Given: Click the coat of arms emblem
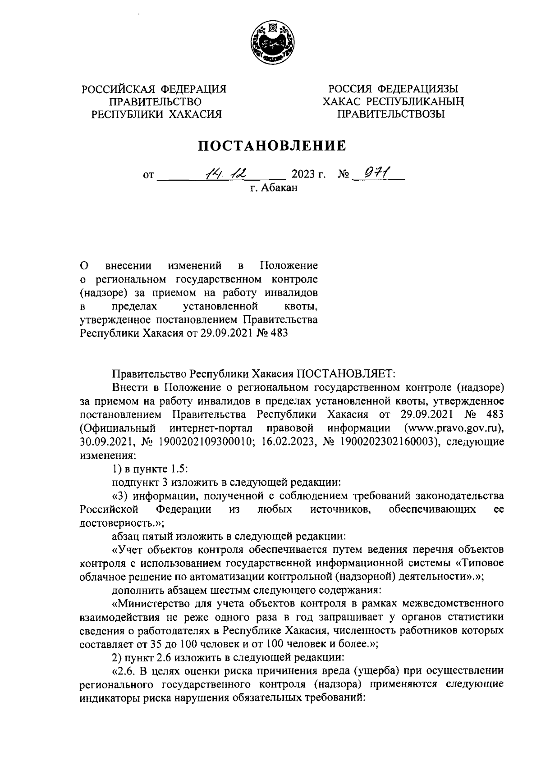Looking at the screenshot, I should [271, 44].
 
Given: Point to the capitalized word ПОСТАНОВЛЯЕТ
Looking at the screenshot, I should [345, 374].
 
